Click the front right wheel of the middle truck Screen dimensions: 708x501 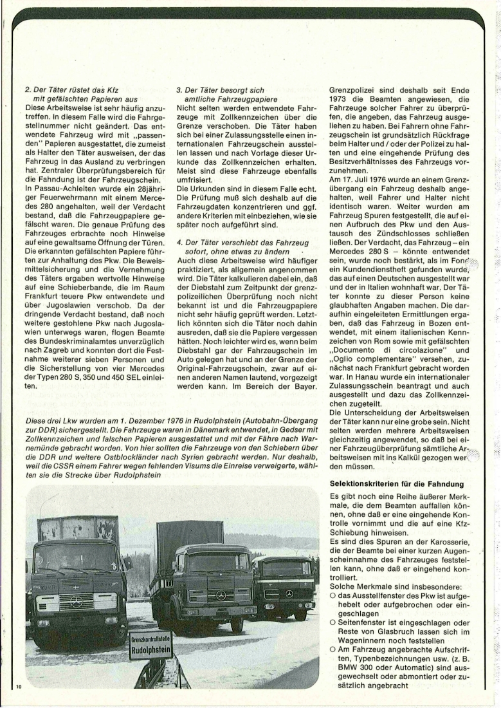237,623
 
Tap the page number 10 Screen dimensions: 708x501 18,689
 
